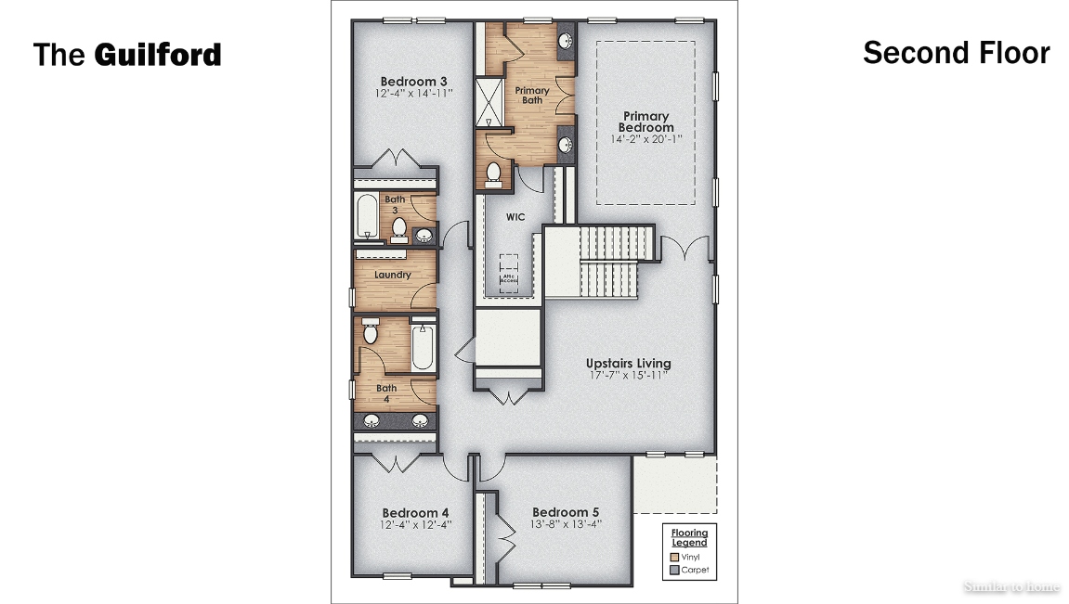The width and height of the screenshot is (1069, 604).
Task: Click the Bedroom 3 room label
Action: click(x=413, y=82)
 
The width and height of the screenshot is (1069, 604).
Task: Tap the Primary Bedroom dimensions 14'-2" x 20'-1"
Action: click(x=646, y=139)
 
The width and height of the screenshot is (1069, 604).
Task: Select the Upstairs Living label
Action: click(x=628, y=364)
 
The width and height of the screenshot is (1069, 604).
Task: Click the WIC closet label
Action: click(x=515, y=217)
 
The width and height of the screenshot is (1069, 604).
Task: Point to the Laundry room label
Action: click(x=392, y=275)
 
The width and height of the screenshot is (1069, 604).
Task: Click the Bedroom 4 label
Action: click(x=415, y=512)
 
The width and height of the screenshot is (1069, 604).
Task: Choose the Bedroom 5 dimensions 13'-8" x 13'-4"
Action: click(x=565, y=524)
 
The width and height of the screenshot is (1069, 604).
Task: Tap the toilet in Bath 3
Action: click(x=399, y=226)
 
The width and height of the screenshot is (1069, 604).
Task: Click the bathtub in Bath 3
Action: click(x=366, y=217)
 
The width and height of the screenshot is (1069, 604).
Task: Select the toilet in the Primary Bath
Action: click(x=494, y=172)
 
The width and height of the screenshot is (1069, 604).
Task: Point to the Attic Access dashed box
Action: click(x=509, y=274)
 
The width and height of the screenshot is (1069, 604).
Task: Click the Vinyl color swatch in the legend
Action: click(x=674, y=557)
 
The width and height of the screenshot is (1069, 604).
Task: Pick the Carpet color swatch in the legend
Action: click(x=674, y=571)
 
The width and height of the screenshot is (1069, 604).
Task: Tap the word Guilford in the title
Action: click(x=157, y=55)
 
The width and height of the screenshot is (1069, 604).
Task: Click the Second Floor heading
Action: click(x=956, y=53)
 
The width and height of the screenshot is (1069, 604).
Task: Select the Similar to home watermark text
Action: click(x=1010, y=586)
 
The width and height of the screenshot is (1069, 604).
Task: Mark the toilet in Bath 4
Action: click(x=371, y=333)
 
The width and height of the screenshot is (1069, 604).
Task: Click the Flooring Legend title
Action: click(x=689, y=537)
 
